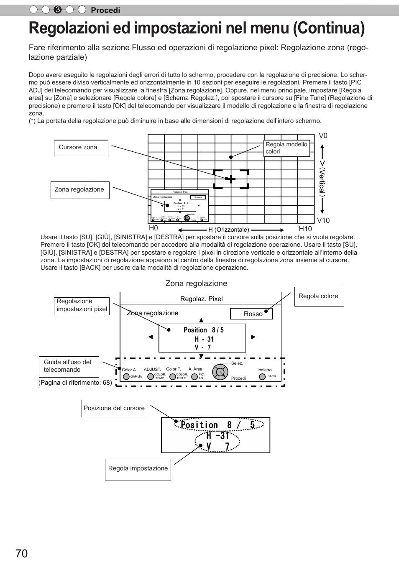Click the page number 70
[x=22, y=553]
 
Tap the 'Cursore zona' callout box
[x=81, y=148]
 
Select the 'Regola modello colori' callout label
[x=286, y=148]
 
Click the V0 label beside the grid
[x=323, y=135]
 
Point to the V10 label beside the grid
[x=323, y=220]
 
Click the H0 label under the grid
[x=153, y=228]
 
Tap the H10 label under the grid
[x=305, y=229]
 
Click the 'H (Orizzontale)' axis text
[x=229, y=230]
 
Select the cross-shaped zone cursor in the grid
[x=230, y=179]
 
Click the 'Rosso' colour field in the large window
[x=251, y=314]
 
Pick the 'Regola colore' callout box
[x=319, y=296]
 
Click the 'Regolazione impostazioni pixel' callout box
[x=82, y=306]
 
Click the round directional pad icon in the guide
[x=220, y=372]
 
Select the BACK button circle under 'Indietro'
[x=262, y=376]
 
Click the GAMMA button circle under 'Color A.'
[x=126, y=377]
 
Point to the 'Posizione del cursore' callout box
[x=114, y=408]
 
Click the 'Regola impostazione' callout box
[x=138, y=469]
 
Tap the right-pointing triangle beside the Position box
[x=253, y=337]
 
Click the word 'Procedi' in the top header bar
[x=105, y=10]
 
